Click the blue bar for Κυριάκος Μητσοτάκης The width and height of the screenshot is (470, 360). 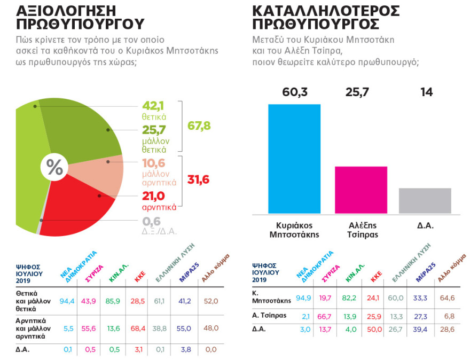294,159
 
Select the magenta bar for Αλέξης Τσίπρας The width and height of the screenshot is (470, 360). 361,190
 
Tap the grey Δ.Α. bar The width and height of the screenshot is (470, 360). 425,200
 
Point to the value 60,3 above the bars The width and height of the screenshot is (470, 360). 294,91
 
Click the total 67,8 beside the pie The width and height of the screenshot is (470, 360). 199,126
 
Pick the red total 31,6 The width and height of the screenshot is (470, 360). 199,179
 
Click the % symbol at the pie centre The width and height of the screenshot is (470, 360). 55,167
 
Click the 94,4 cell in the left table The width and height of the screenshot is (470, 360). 67,301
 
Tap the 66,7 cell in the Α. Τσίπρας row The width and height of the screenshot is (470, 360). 327,315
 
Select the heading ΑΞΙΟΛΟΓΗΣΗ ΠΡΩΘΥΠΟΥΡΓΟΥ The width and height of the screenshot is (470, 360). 80,17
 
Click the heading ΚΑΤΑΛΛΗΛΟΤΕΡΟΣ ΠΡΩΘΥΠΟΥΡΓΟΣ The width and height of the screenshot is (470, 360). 326,17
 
